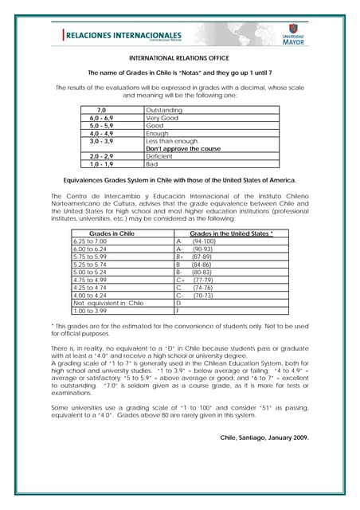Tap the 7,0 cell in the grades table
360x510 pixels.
[101, 110]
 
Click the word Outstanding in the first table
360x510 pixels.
[164, 110]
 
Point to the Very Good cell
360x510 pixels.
[163, 118]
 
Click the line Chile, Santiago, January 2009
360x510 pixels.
[264, 437]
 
